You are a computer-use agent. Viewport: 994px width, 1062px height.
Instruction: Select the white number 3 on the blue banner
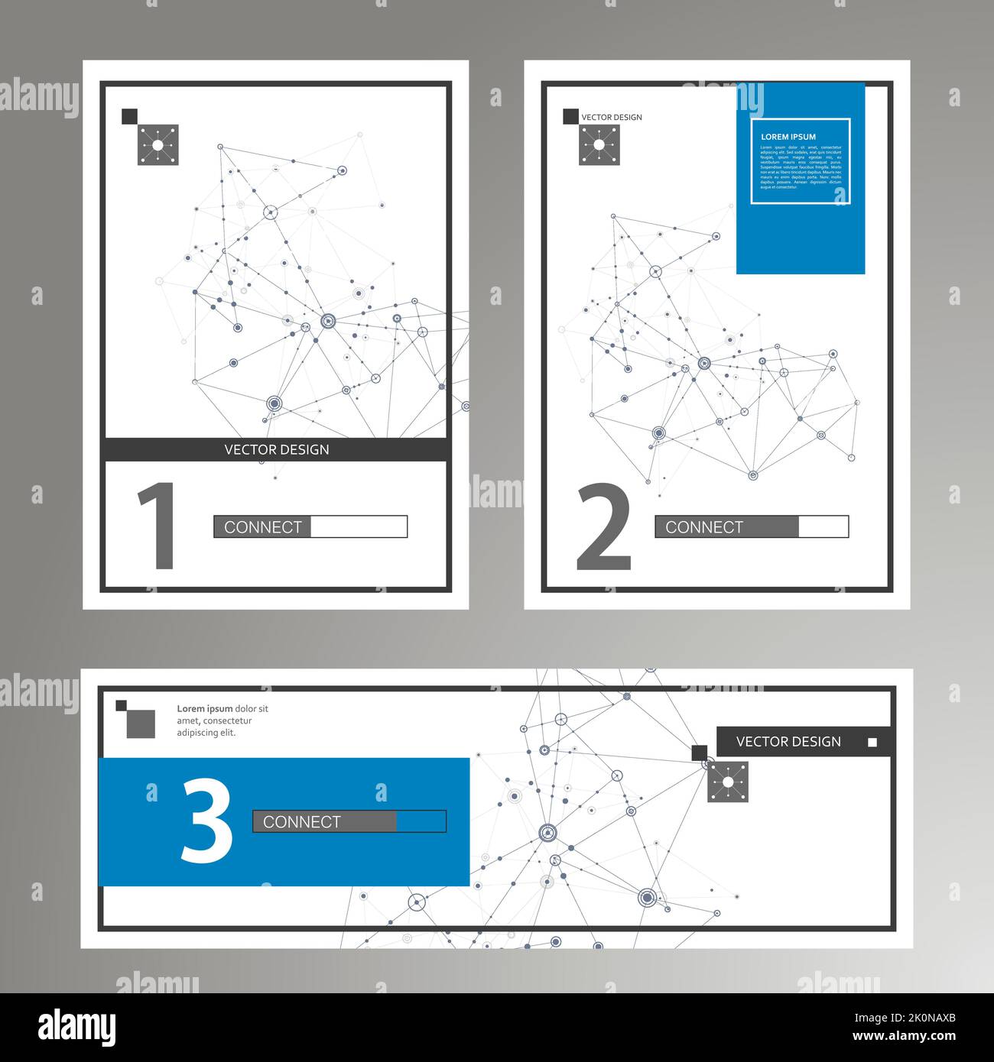pos(206,822)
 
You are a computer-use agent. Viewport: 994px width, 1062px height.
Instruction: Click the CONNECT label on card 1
pos(263,527)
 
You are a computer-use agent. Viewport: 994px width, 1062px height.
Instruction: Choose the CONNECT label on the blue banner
pos(302,822)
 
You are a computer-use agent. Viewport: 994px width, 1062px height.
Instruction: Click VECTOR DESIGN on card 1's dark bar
pos(277,449)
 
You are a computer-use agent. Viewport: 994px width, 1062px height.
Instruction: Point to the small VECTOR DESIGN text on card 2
pos(612,118)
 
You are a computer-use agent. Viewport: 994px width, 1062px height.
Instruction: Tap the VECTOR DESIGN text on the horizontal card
pos(788,742)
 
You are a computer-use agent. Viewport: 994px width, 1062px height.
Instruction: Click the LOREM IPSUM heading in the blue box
pos(788,137)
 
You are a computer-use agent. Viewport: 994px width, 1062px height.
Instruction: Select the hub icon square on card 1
pos(158,144)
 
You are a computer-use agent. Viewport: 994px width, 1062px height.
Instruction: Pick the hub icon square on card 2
pos(599,144)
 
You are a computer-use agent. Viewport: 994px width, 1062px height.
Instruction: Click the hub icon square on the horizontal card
pos(728,782)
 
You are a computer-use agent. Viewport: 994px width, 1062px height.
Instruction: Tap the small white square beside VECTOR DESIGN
pos(872,743)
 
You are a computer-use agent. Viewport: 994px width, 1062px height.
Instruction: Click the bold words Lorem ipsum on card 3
pos(205,709)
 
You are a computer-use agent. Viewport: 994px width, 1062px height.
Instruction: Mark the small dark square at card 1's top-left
pos(129,116)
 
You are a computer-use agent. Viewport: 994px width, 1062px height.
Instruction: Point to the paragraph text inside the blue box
pos(801,167)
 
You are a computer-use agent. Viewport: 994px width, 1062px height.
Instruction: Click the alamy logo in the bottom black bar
pos(76,1028)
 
